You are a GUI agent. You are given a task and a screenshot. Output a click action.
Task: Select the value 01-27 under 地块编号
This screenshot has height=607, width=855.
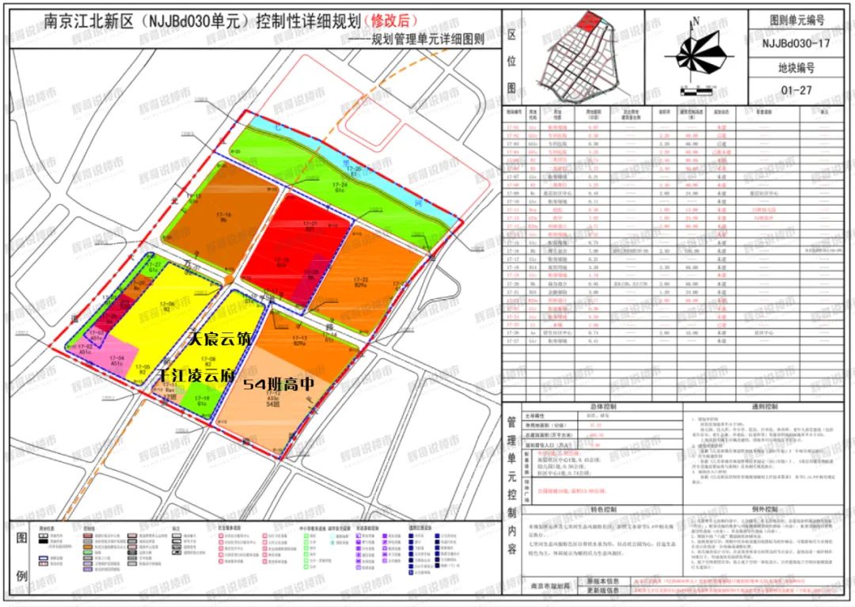[796, 90]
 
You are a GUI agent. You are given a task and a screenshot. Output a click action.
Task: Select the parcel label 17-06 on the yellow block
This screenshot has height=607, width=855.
[168, 305]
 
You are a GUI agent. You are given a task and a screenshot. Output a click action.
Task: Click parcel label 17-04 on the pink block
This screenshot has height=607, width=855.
[117, 359]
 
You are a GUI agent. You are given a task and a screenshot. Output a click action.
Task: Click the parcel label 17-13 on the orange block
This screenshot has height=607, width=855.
[300, 338]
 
